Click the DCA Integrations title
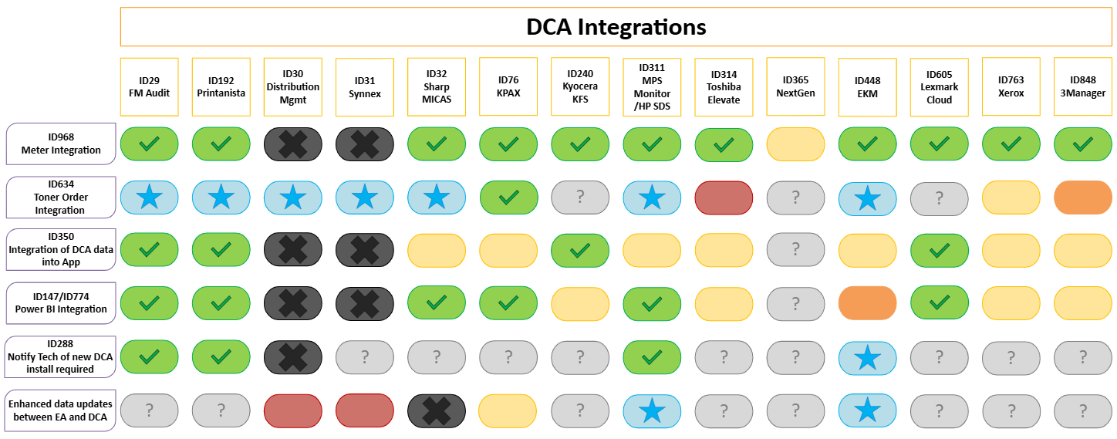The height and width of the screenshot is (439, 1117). [x=616, y=27]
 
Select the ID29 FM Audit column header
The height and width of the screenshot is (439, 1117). [x=149, y=87]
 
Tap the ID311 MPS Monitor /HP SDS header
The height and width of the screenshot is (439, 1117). [x=652, y=87]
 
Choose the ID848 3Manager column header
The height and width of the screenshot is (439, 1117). [x=1082, y=87]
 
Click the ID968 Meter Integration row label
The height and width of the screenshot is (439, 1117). [x=61, y=144]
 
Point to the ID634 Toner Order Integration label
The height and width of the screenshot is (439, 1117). [x=61, y=197]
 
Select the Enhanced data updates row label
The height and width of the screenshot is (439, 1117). [x=60, y=410]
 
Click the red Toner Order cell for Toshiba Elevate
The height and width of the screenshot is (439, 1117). [x=724, y=198]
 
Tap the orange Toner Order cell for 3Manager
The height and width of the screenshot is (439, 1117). [x=1082, y=198]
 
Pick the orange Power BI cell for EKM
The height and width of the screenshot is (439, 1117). [x=867, y=302]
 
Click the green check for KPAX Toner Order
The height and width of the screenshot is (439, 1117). [x=508, y=198]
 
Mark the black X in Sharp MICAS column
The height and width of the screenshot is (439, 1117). [x=437, y=411]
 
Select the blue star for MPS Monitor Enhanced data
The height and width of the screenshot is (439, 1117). [x=652, y=411]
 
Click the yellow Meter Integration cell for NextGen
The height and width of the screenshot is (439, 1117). [x=795, y=144]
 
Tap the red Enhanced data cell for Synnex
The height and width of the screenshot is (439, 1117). [x=365, y=411]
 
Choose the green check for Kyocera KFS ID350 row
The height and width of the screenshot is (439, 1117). [x=580, y=251]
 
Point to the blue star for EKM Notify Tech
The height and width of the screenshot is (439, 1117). [x=867, y=358]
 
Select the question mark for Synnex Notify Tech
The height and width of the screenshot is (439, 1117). [x=365, y=357]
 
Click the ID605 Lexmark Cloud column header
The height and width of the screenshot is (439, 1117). [x=939, y=87]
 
